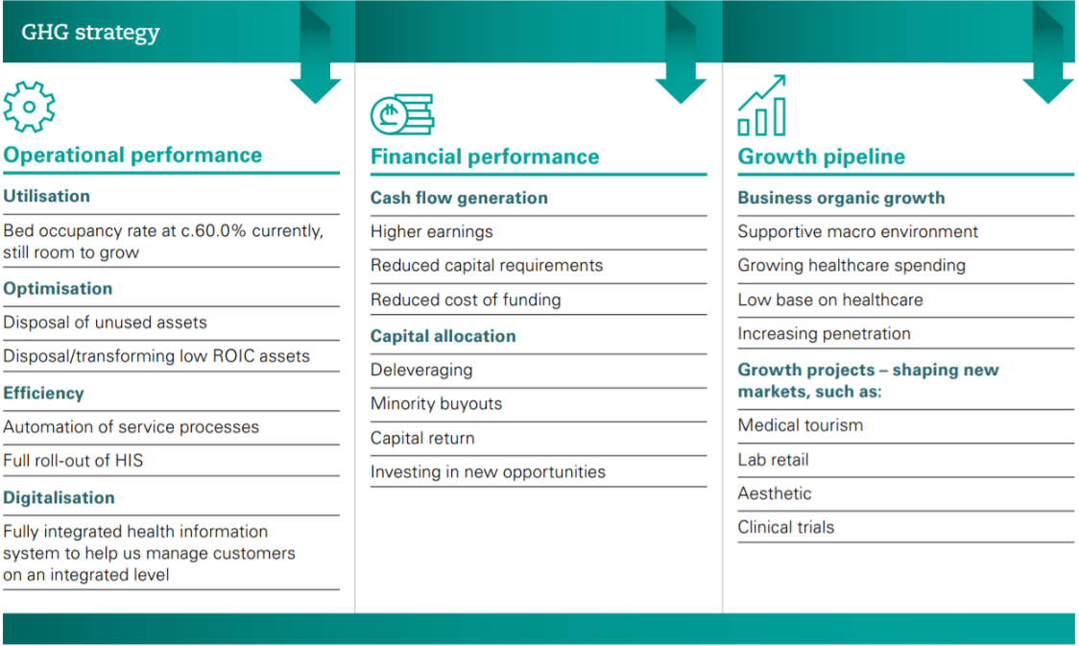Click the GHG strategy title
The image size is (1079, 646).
(x=90, y=33)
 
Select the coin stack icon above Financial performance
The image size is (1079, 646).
(x=402, y=114)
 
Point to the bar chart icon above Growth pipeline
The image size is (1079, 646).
(x=762, y=106)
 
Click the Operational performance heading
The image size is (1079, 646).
(x=132, y=155)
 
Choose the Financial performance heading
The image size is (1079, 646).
(x=485, y=156)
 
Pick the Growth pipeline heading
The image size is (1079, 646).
(x=821, y=156)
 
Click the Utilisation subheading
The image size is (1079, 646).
(x=46, y=196)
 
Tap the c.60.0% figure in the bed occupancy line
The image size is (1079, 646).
(x=213, y=230)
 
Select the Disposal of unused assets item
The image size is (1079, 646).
(x=105, y=322)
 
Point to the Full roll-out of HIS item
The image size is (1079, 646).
(x=73, y=460)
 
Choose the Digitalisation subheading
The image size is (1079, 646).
(x=59, y=497)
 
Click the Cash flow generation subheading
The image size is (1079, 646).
(x=459, y=198)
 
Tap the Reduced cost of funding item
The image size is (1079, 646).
(x=466, y=299)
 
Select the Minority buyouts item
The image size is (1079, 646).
(x=436, y=404)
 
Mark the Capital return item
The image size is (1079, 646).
(x=422, y=439)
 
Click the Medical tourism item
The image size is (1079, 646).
(x=801, y=425)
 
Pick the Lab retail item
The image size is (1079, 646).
(x=773, y=460)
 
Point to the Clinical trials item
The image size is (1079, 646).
(x=786, y=527)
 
